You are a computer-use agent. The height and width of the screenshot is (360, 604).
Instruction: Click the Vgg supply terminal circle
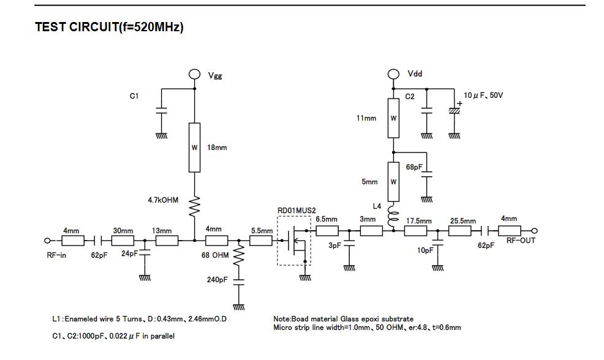click(x=195, y=74)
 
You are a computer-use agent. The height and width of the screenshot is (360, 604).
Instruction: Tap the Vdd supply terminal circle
click(x=393, y=74)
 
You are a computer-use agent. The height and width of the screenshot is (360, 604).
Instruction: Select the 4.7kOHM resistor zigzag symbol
click(x=195, y=206)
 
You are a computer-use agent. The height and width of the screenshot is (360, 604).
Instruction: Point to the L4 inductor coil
click(x=394, y=216)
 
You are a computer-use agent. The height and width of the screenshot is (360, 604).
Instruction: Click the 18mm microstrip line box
click(x=195, y=148)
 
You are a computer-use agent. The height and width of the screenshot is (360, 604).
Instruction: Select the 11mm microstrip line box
click(x=393, y=118)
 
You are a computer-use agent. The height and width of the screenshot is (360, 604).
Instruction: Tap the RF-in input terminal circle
click(x=47, y=241)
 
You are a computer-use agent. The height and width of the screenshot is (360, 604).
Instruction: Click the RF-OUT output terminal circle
click(x=534, y=231)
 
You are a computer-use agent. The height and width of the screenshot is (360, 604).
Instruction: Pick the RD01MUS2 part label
click(x=296, y=210)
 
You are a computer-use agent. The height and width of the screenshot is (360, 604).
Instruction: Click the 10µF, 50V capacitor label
click(x=483, y=95)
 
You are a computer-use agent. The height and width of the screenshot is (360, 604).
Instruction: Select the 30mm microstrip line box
click(x=123, y=241)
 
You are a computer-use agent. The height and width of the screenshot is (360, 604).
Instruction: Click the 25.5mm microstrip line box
click(x=459, y=231)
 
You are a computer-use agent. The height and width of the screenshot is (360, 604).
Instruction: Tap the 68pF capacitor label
click(x=414, y=167)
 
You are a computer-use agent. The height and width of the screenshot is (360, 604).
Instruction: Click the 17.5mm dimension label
click(x=419, y=221)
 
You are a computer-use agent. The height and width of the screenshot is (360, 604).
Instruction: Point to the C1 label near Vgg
click(x=134, y=96)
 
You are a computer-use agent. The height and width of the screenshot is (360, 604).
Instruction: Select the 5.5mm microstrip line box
click(x=261, y=241)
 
